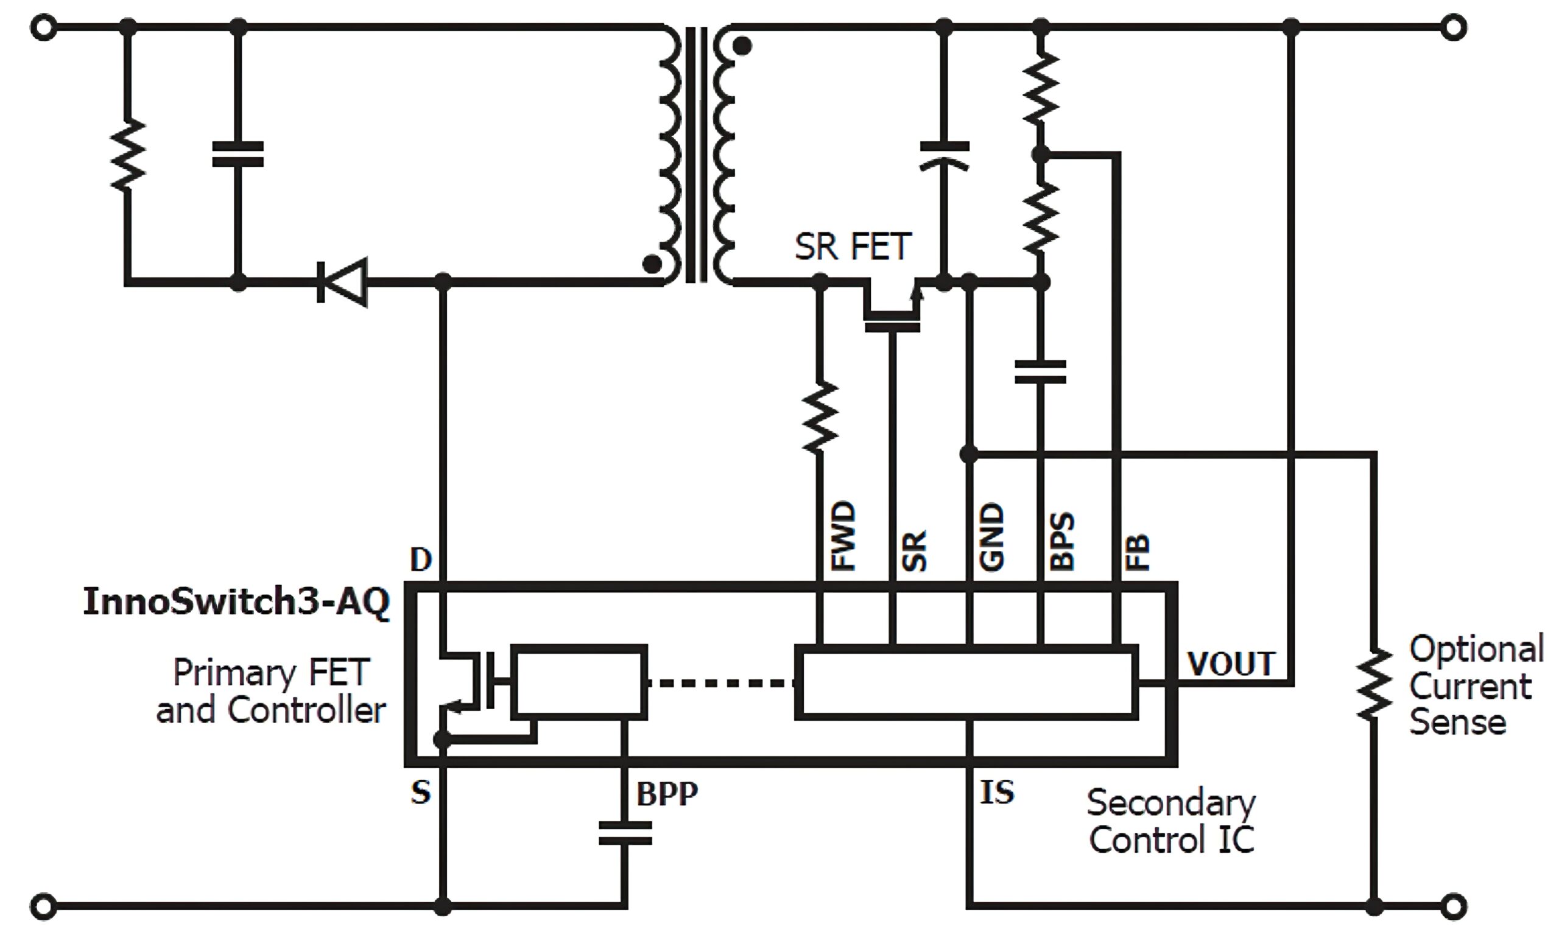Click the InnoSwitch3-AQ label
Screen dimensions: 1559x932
[x=236, y=601]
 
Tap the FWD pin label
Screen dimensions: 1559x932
[x=843, y=536]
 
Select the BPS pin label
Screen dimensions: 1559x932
[x=1062, y=541]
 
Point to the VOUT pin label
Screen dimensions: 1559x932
[x=1231, y=664]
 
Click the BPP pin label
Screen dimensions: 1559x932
[x=667, y=794]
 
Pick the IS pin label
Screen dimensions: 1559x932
[x=997, y=792]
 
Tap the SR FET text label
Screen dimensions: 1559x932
[x=853, y=246]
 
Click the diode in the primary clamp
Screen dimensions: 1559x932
[x=342, y=282]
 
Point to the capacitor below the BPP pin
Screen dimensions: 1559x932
[x=625, y=833]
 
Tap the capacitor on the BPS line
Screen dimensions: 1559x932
[x=1040, y=371]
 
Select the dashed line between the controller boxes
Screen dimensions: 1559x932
[x=721, y=682]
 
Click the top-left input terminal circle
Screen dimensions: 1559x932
[x=43, y=27]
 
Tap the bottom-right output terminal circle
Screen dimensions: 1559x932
[x=1454, y=906]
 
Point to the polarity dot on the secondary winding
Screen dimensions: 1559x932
[x=742, y=46]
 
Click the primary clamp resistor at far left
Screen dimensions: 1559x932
[x=128, y=154]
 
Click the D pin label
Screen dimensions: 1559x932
[x=421, y=558]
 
